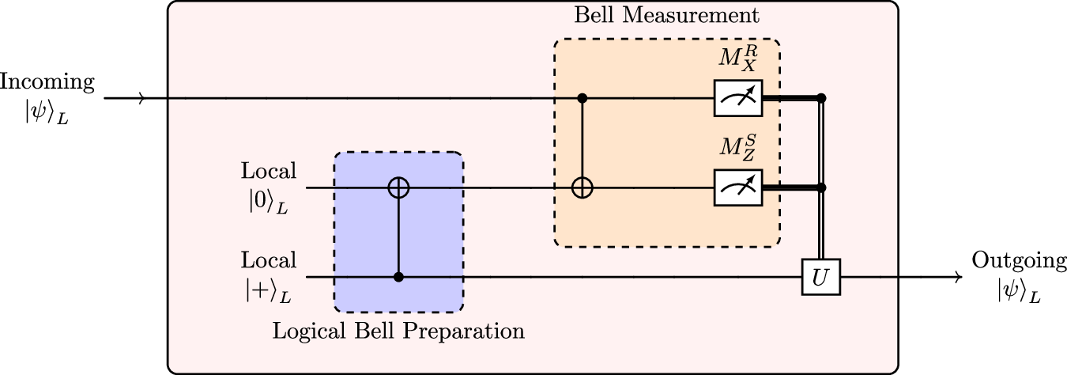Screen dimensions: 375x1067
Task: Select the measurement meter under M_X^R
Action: (x=737, y=99)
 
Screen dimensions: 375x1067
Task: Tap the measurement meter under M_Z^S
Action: (x=737, y=188)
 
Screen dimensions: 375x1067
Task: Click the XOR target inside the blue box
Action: (x=398, y=188)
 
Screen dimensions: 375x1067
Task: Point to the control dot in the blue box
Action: (x=398, y=277)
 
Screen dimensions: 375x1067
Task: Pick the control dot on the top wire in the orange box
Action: (x=583, y=99)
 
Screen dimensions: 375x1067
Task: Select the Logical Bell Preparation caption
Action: (x=398, y=331)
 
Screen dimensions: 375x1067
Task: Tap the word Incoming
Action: (x=47, y=81)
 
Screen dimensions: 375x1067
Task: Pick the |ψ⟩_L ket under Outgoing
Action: (x=1019, y=291)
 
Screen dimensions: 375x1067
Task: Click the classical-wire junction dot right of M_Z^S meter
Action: (x=822, y=188)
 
